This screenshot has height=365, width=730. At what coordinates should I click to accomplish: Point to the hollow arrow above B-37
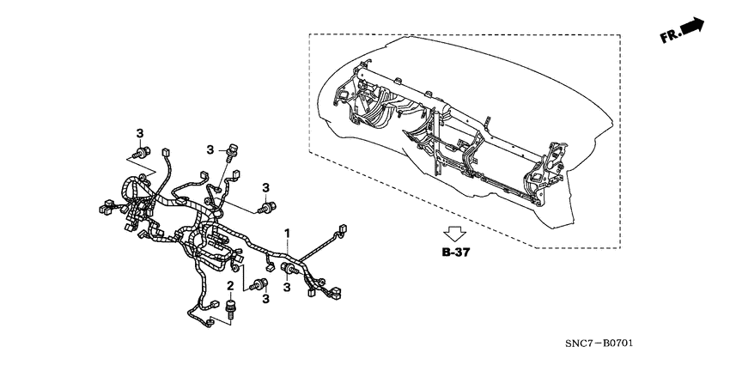click(x=453, y=233)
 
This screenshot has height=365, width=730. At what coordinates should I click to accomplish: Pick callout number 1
click(x=288, y=233)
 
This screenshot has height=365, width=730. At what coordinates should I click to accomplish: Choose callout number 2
click(x=230, y=285)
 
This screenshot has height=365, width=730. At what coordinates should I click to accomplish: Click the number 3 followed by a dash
click(x=210, y=149)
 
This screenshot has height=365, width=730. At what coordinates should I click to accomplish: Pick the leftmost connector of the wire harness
click(x=104, y=207)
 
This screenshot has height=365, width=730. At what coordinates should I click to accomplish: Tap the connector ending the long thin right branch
click(x=342, y=230)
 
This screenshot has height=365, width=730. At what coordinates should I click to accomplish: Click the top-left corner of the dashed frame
click(x=309, y=35)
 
